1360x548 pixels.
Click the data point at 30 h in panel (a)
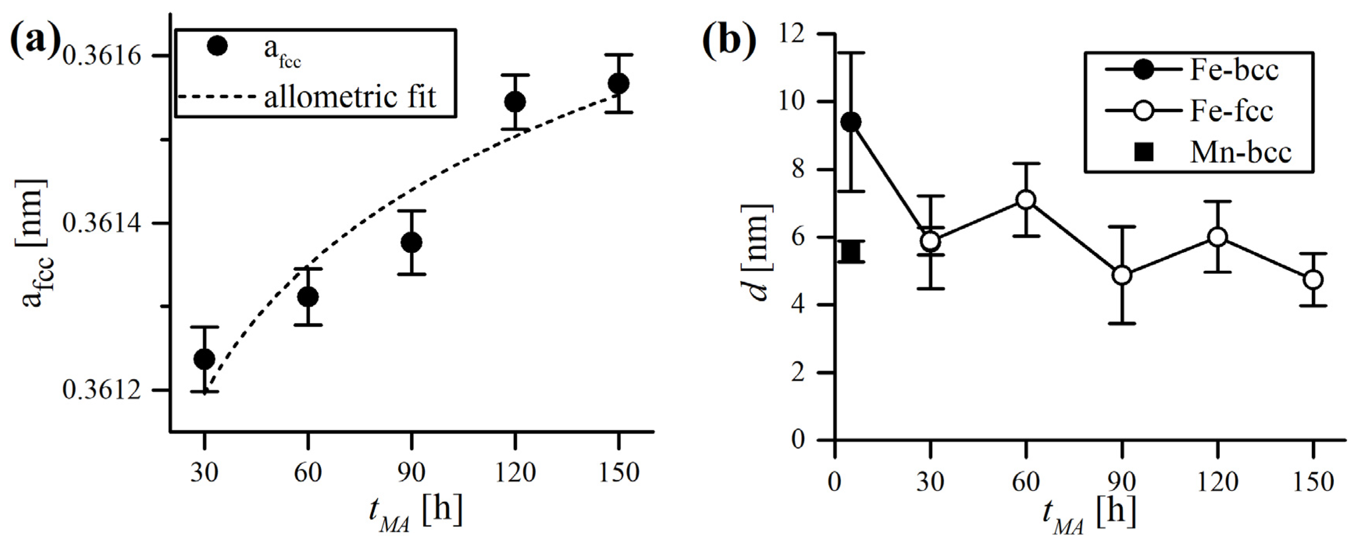tap(204, 359)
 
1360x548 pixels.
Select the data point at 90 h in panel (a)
tap(411, 242)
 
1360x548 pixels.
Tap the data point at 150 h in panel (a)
tap(618, 84)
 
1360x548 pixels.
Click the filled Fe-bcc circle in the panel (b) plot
tap(850, 123)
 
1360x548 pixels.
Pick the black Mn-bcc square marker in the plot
tap(850, 252)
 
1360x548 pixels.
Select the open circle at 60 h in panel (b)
tap(1026, 200)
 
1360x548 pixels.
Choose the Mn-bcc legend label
tap(1240, 153)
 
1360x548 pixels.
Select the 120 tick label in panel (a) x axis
tap(515, 471)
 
